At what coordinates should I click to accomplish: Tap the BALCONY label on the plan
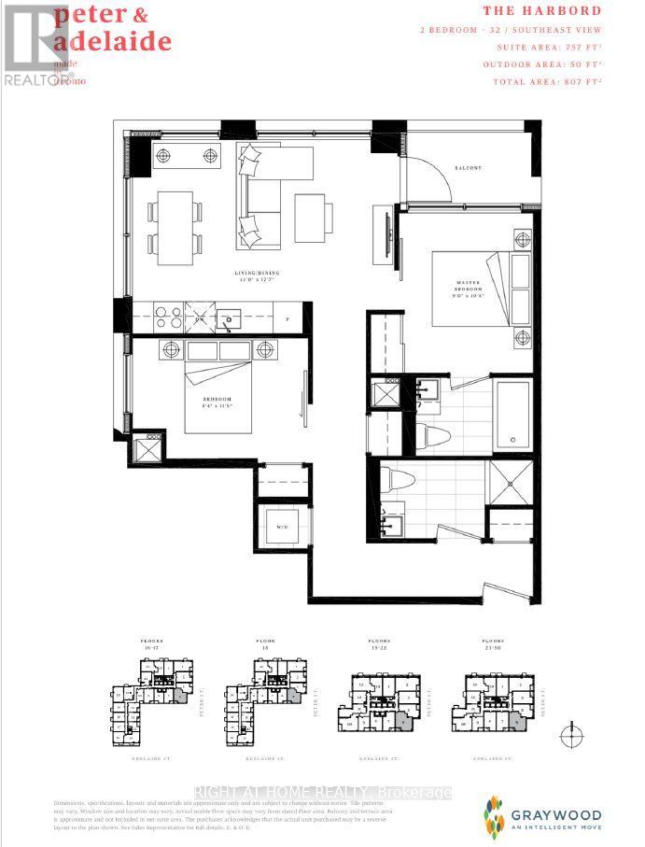(x=469, y=167)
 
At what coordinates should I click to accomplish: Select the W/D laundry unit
(x=281, y=527)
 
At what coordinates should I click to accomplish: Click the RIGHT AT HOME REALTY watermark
(x=322, y=793)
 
